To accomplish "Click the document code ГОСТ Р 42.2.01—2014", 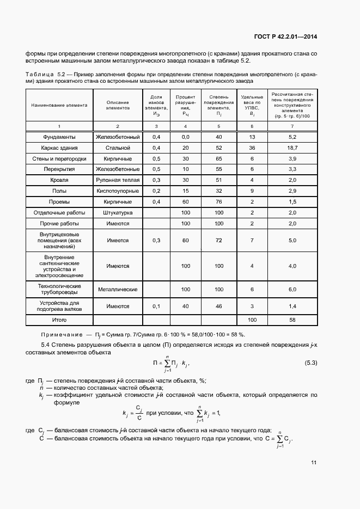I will tap(285, 37).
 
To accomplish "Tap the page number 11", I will tap(314, 463).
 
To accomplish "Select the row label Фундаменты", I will tap(59, 137).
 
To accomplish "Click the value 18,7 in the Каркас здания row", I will tap(292, 148).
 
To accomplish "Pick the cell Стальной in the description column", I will tap(118, 148).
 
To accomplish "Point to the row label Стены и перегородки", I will tap(59, 158).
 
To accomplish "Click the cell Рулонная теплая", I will tap(118, 180).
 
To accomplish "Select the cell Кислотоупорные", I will tap(118, 191).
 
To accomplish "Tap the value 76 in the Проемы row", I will tap(219, 201).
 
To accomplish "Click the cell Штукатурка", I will tap(118, 212).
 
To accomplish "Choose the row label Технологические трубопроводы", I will tap(59, 289).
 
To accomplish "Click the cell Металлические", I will tap(118, 290).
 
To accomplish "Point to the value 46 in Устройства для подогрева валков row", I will tap(219, 306).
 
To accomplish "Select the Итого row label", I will tap(59, 320).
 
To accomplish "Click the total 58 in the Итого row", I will tap(292, 320).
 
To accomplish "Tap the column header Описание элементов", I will tap(118, 106).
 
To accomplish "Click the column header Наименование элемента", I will tap(59, 105).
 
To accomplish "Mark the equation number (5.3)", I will tap(308, 363).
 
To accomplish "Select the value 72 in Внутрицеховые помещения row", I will tap(219, 240).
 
